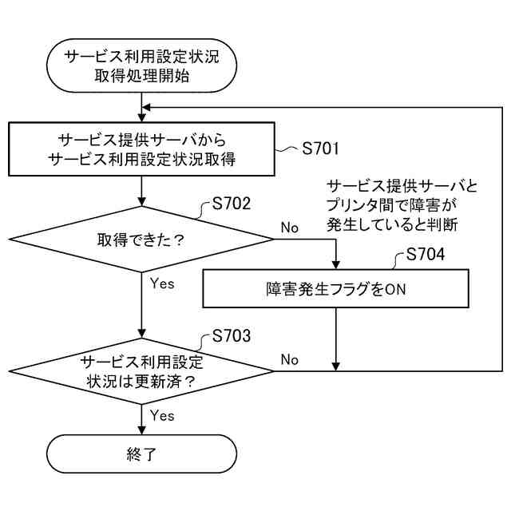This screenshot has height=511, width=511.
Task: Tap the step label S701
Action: click(319, 149)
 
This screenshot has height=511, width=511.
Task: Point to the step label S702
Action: click(232, 204)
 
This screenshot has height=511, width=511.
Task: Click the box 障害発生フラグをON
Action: click(336, 288)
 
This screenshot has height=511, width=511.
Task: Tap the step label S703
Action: click(232, 335)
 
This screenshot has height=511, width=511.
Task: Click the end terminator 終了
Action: click(142, 454)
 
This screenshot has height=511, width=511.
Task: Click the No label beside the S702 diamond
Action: click(289, 228)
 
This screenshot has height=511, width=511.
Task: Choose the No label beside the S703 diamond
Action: click(289, 360)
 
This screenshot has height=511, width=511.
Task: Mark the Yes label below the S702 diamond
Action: click(162, 283)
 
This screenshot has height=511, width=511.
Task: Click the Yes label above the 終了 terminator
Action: click(162, 415)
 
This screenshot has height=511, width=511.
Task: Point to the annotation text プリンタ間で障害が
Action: click(399, 206)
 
